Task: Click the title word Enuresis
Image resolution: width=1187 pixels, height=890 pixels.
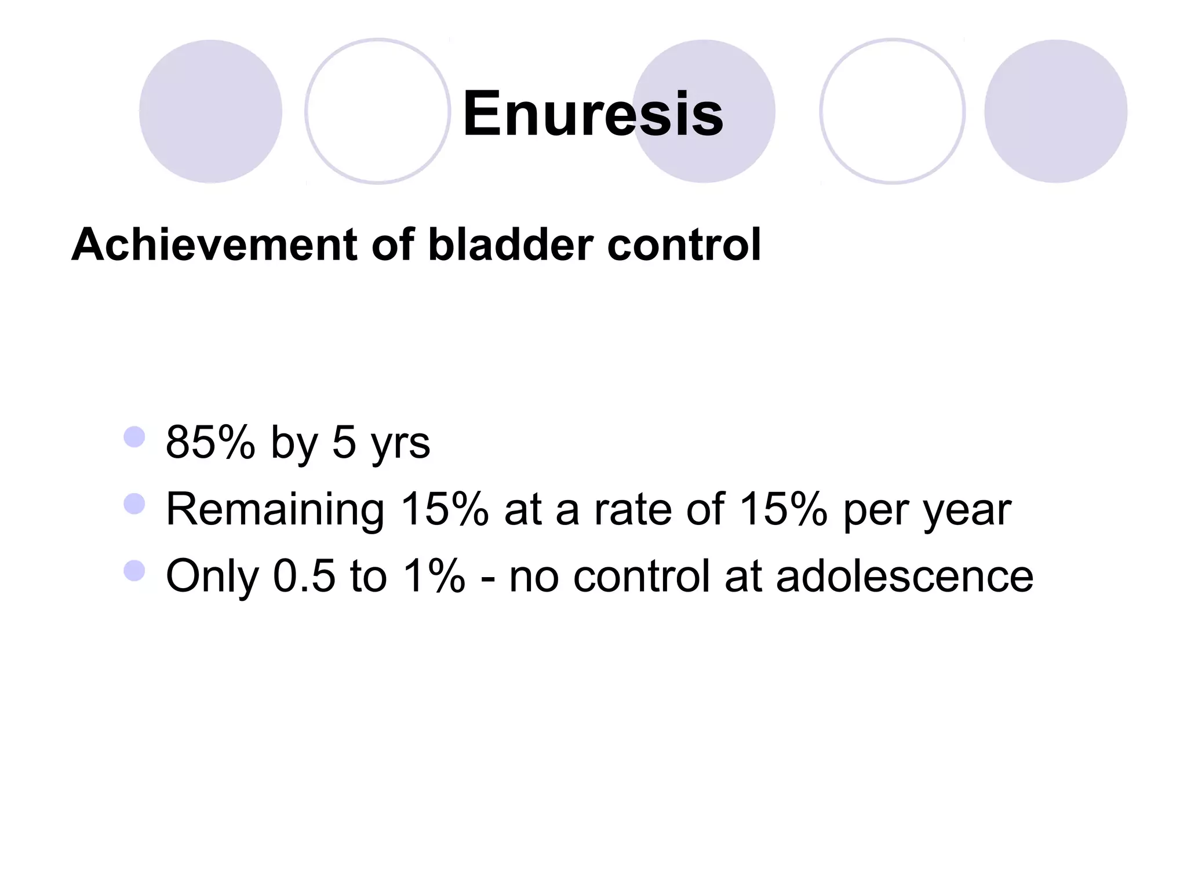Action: [x=592, y=114]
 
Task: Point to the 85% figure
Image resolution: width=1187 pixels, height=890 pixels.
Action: [x=210, y=442]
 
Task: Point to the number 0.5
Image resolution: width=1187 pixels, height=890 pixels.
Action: [x=304, y=576]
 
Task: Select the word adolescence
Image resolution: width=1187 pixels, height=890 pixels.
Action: [x=904, y=576]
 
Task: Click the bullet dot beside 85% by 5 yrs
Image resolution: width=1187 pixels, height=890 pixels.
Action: [x=134, y=437]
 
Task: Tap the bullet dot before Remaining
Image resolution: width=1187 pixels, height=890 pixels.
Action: [x=134, y=504]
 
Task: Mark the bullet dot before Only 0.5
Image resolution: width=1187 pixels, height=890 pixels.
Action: [x=134, y=571]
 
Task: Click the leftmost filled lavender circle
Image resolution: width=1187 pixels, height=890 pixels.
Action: [x=210, y=111]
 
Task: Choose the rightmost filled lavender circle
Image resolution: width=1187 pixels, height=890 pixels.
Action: [x=1055, y=111]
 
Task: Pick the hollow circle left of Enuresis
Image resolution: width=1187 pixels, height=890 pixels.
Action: [x=377, y=111]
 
